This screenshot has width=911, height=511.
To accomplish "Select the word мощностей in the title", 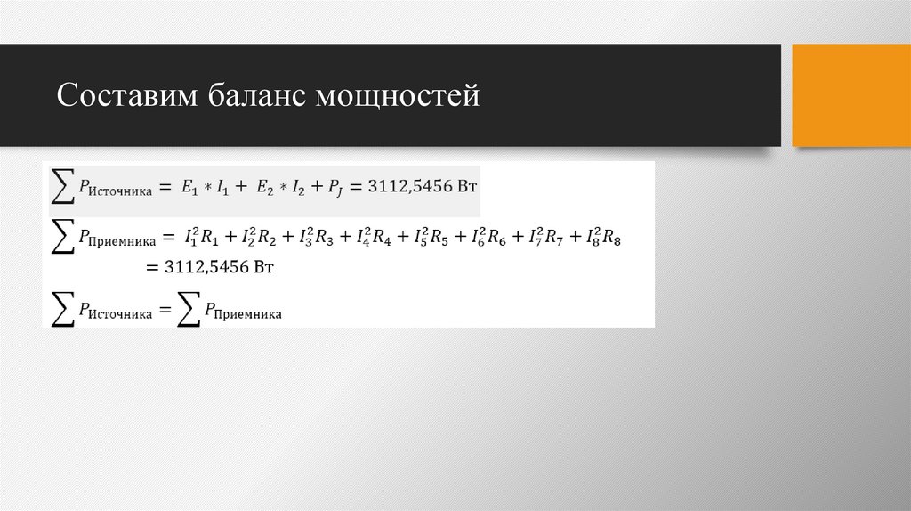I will click(397, 95).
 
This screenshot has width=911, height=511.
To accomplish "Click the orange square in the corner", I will click(851, 94).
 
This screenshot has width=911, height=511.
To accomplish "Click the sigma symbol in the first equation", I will click(60, 186).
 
